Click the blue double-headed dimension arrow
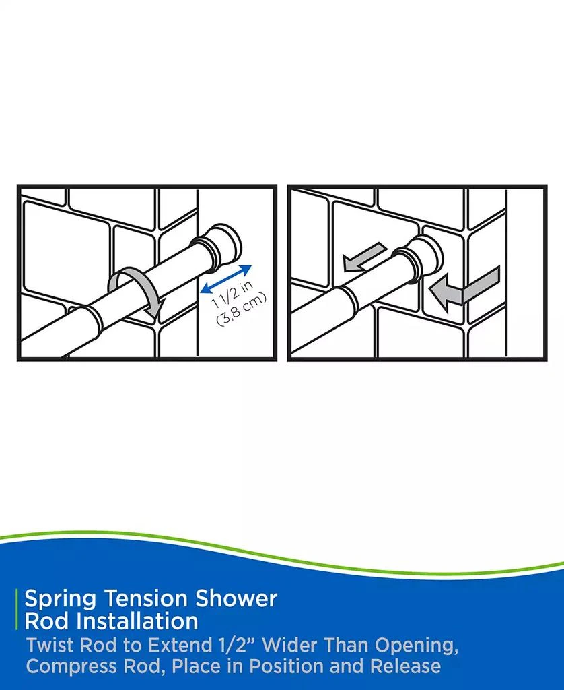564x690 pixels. [226, 279]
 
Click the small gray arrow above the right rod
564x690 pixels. [363, 257]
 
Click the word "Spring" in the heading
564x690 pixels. [58, 598]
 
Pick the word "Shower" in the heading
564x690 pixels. [240, 598]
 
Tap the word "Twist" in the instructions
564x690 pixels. [50, 645]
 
